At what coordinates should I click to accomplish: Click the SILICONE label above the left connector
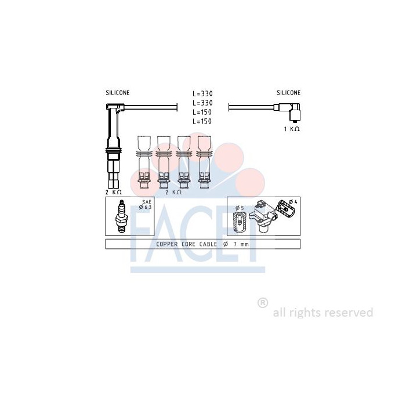118,93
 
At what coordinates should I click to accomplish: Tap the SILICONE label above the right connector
288,93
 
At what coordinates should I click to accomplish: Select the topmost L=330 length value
202,93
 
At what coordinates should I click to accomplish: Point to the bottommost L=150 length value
202,121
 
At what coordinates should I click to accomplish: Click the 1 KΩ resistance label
292,129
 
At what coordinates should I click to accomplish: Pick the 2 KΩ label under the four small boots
173,192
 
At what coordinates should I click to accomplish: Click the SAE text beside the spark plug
147,202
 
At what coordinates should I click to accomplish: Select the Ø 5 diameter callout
240,208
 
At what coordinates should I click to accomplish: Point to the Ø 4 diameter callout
293,202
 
